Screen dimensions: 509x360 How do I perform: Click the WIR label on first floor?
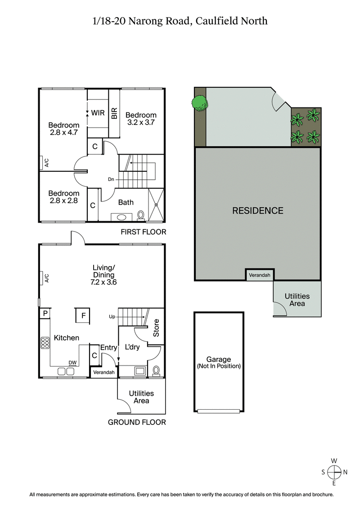pos(98,112)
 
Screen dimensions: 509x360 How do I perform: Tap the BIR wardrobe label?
pos(114,113)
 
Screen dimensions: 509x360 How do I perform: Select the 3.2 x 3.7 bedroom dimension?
pos(141,122)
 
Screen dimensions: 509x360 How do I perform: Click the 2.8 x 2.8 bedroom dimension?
pos(64,201)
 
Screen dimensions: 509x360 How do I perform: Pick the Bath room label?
pos(126,202)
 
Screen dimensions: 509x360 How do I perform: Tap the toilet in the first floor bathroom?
pos(141,215)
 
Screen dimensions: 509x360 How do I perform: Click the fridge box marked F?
pos(84,315)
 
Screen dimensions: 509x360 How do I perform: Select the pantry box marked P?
pos(45,313)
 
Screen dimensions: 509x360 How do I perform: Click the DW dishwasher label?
pos(72,362)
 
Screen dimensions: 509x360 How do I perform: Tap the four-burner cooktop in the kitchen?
pos(45,343)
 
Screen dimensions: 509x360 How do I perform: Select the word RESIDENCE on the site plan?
pos(258,210)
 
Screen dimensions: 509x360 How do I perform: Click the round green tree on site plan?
pos(200,102)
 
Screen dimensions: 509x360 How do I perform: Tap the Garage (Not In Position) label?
pos(219,362)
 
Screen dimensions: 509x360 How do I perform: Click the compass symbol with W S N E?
pos(334,472)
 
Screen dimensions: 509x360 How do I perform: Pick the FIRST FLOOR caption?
pos(143,232)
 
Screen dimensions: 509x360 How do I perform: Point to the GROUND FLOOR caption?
pos(137,422)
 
